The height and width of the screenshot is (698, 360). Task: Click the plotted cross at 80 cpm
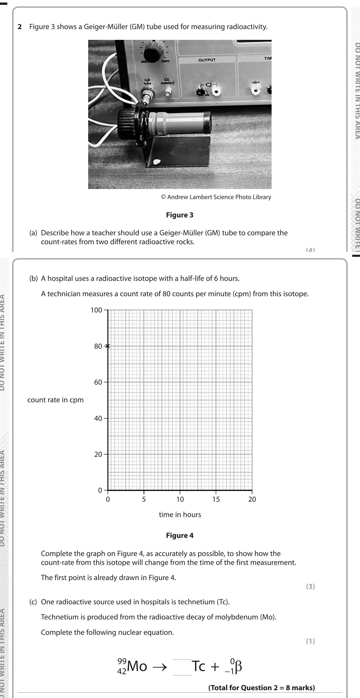click(x=108, y=346)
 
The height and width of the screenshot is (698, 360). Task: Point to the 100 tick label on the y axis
click(x=96, y=310)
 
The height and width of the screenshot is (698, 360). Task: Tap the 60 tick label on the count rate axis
click(x=98, y=382)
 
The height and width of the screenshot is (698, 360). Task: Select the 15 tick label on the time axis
click(x=216, y=499)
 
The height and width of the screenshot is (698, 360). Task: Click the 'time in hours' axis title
click(x=180, y=515)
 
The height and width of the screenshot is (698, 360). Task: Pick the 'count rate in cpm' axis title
click(x=55, y=400)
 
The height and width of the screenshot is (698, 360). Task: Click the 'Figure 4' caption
click(x=180, y=535)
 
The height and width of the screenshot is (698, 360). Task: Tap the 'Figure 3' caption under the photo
click(x=180, y=215)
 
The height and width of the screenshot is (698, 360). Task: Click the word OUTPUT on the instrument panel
click(x=207, y=60)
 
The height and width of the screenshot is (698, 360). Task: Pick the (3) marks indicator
click(x=311, y=587)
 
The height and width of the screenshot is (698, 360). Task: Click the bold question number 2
click(x=20, y=27)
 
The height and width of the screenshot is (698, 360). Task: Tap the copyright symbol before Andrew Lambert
click(x=163, y=197)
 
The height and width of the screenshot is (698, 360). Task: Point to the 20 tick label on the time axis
click(x=252, y=499)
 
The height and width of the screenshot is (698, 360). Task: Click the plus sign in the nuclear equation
click(x=215, y=667)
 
